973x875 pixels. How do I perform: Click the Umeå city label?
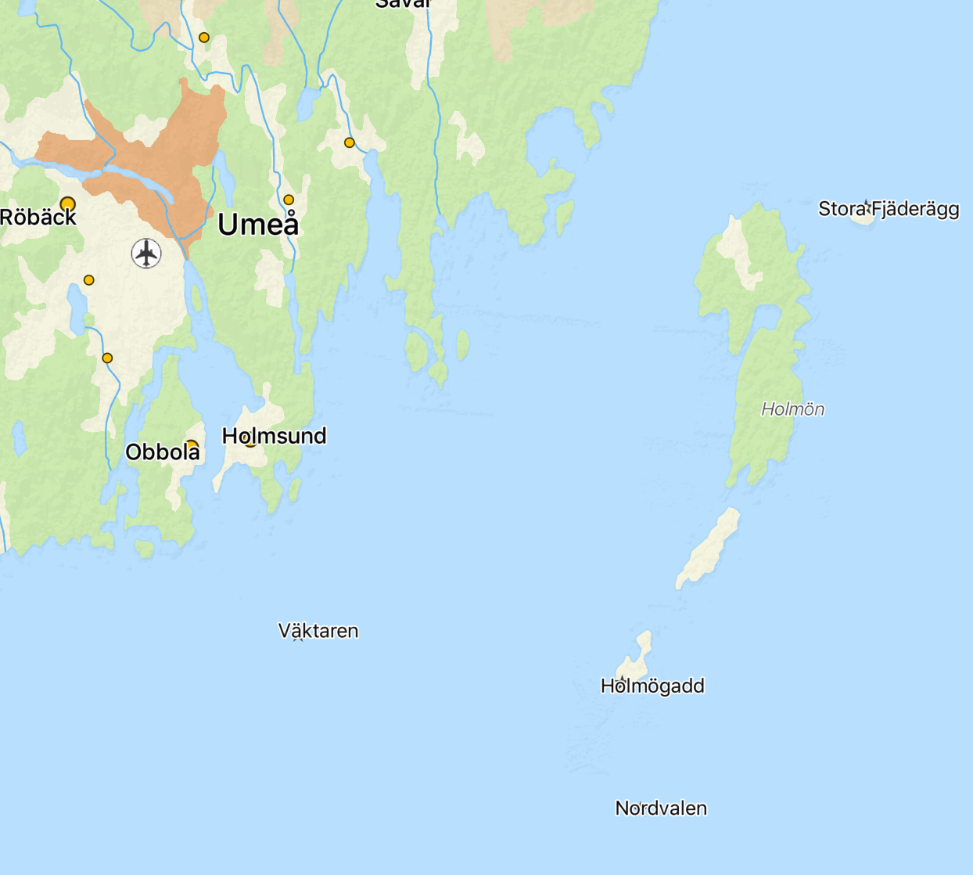pos(258,225)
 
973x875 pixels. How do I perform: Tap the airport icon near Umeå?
pos(146,254)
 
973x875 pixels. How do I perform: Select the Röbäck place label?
pos(38,217)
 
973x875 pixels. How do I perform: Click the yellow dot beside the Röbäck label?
pos(68,204)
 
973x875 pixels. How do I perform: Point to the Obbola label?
pos(162,452)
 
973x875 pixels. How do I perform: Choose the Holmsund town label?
pos(274,436)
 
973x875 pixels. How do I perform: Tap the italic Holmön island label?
pos(792,409)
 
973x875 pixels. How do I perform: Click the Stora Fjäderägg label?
pos(889,209)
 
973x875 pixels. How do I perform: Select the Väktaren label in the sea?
pos(318,631)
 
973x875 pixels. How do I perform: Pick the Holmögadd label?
pos(652,686)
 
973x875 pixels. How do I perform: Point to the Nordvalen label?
pos(661,808)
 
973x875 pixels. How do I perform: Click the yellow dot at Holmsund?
pos(250,441)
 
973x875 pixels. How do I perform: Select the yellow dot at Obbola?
pos(192,445)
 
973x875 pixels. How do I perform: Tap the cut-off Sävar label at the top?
pos(403,4)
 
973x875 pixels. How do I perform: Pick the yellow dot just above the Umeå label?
pos(289,200)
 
